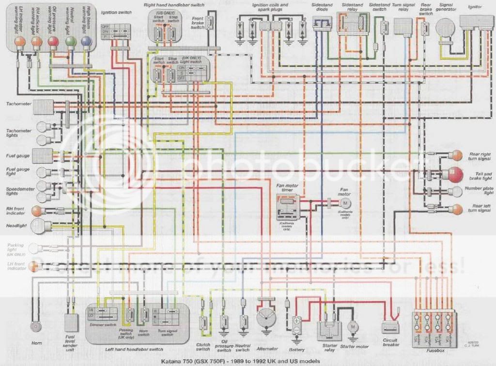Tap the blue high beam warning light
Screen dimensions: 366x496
tap(86, 42)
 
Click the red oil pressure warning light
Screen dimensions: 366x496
tap(53, 43)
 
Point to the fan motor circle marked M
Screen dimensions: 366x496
tap(344, 201)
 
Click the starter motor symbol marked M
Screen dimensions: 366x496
tap(354, 327)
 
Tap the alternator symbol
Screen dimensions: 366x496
tap(267, 320)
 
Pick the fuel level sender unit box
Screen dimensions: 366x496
tap(72, 322)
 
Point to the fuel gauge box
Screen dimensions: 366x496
tap(43, 156)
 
